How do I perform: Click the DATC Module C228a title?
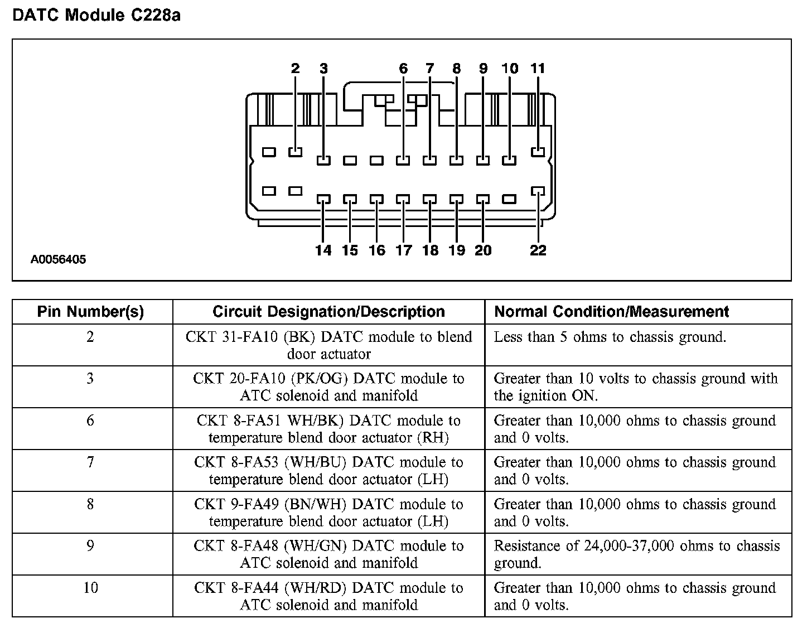(96, 15)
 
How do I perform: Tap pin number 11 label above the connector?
(538, 69)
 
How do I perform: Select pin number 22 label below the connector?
(538, 250)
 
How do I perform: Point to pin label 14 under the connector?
(323, 250)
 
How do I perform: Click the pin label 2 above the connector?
(295, 69)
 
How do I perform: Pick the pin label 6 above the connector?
(403, 69)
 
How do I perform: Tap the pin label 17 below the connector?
(403, 250)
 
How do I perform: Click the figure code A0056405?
(59, 259)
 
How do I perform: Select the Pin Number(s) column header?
(90, 312)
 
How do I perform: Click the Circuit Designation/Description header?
(328, 312)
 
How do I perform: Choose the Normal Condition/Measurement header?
(611, 312)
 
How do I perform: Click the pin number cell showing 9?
(90, 546)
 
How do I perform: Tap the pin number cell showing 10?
(90, 588)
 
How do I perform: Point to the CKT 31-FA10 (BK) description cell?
(328, 345)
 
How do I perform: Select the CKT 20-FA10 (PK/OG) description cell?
(328, 387)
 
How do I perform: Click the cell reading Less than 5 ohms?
(610, 337)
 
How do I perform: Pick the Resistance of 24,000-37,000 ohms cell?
(636, 554)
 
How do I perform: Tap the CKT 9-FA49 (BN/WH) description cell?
(328, 513)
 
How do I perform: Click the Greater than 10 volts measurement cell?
(635, 387)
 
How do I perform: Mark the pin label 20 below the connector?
(483, 250)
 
